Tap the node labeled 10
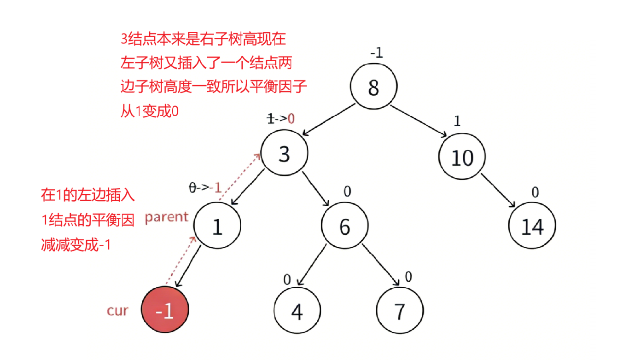pos(462,157)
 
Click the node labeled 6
pos(344,226)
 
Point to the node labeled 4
pos(297,312)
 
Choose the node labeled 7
pos(399,312)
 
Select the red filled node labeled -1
pos(165,312)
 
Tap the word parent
pos(167,217)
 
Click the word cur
pos(117,311)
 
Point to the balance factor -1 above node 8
pos(376,53)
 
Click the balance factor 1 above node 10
pos(457,121)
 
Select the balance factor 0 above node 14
pos(535,192)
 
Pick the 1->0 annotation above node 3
pos(281,119)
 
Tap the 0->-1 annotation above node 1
pos(206,188)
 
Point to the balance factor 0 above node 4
pos(287,279)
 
